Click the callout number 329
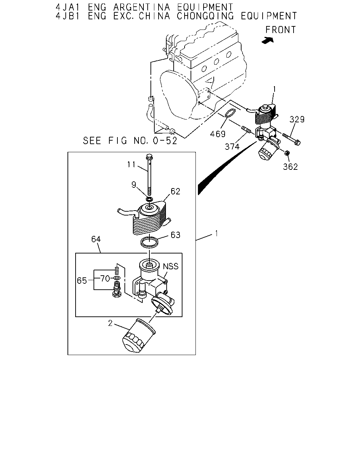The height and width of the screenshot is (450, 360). coord(297,120)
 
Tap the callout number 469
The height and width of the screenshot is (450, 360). coord(218,134)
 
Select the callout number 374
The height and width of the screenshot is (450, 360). coord(232,147)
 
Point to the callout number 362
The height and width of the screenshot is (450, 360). coord(290,167)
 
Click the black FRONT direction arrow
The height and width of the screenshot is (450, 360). coord(268,40)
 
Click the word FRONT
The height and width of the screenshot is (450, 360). coord(281,30)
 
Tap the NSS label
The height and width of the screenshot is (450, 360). coord(171,266)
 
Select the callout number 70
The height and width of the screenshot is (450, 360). coord(105,278)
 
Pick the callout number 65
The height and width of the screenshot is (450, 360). coord(82,281)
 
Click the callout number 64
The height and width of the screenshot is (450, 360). coord(96,239)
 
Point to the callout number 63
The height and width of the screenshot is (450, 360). coord(175,235)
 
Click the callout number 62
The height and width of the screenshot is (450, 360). coord(175,192)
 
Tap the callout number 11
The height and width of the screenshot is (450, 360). coord(131,165)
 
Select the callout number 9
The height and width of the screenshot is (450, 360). coord(134,185)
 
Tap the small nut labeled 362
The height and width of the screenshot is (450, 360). coord(287,153)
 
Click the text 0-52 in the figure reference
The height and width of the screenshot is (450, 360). coord(165,141)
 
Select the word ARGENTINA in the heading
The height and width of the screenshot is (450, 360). coord(141,7)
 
